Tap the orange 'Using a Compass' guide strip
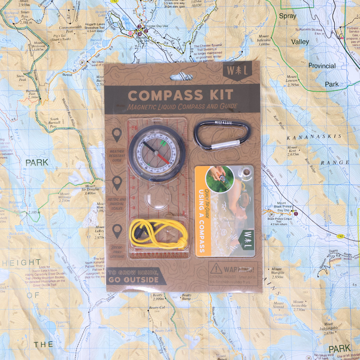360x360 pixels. pyautogui.click(x=200, y=212)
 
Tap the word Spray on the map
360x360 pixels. pyautogui.click(x=287, y=16)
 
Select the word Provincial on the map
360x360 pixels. pyautogui.click(x=322, y=66)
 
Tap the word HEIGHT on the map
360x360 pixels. pyautogui.click(x=22, y=263)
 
